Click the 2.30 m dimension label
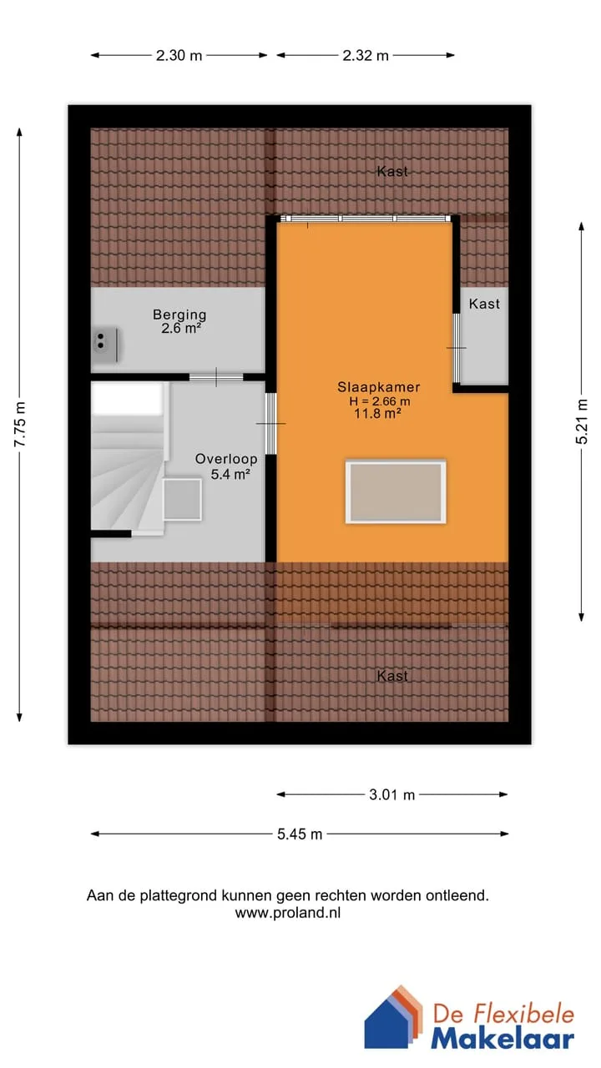pyautogui.click(x=179, y=55)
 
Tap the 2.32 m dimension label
pyautogui.click(x=366, y=55)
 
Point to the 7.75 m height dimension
pyautogui.click(x=19, y=424)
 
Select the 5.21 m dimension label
pyautogui.click(x=582, y=421)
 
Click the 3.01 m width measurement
pyautogui.click(x=391, y=794)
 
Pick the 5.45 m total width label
pyautogui.click(x=300, y=834)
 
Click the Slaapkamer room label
pyautogui.click(x=379, y=386)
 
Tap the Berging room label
pyautogui.click(x=179, y=315)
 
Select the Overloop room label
pyautogui.click(x=226, y=459)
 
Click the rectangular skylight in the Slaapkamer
pyautogui.click(x=396, y=491)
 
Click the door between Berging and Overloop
pyautogui.click(x=216, y=377)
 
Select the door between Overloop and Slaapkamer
pyautogui.click(x=270, y=423)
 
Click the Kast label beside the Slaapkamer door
pyautogui.click(x=484, y=304)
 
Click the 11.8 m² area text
pyautogui.click(x=377, y=413)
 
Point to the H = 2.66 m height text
pyautogui.click(x=379, y=401)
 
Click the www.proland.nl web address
pyautogui.click(x=288, y=913)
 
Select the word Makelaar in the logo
pyautogui.click(x=503, y=1040)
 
